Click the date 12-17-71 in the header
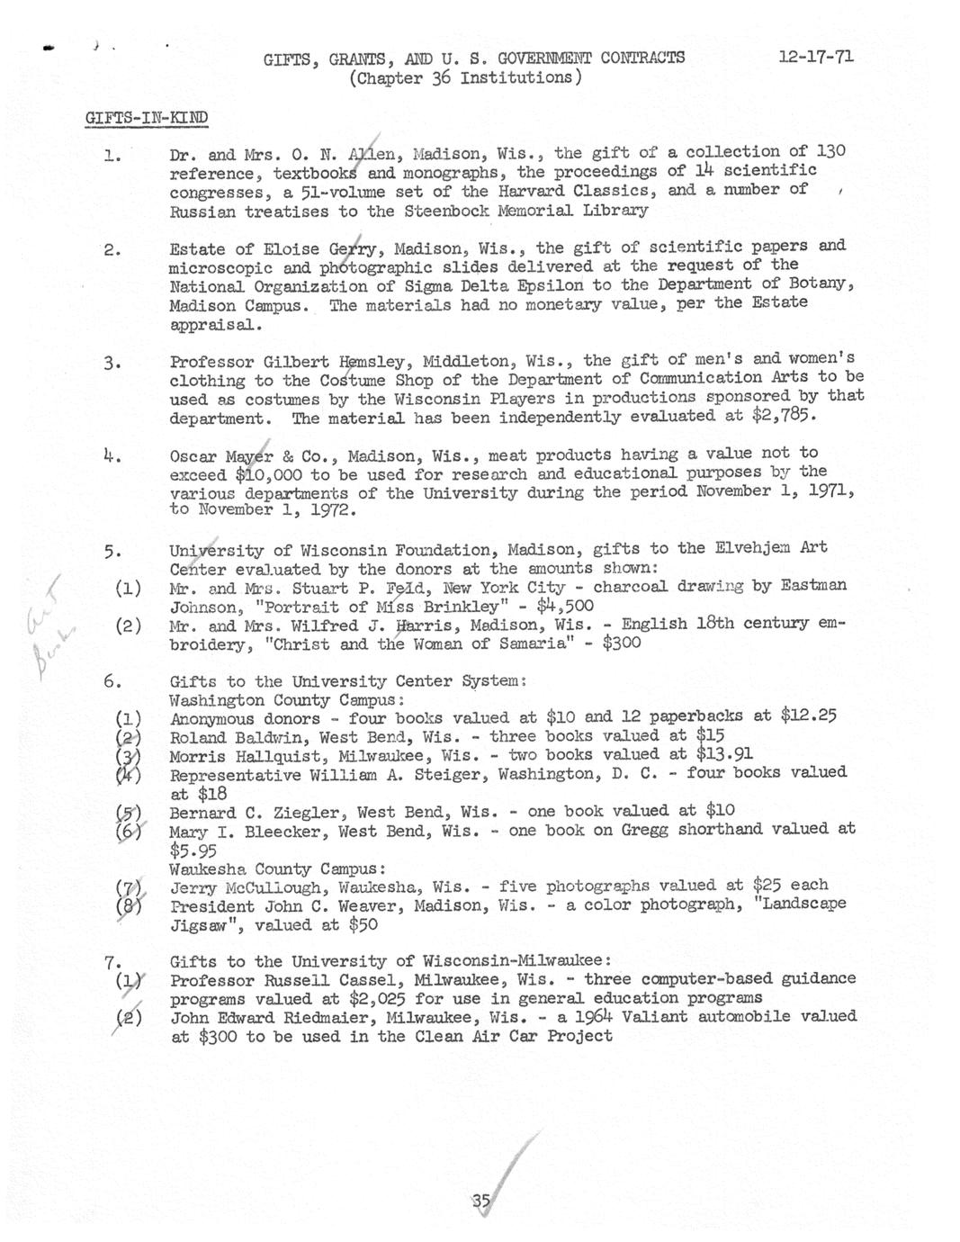(816, 57)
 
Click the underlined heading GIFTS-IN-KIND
(147, 118)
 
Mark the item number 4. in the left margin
(112, 455)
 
